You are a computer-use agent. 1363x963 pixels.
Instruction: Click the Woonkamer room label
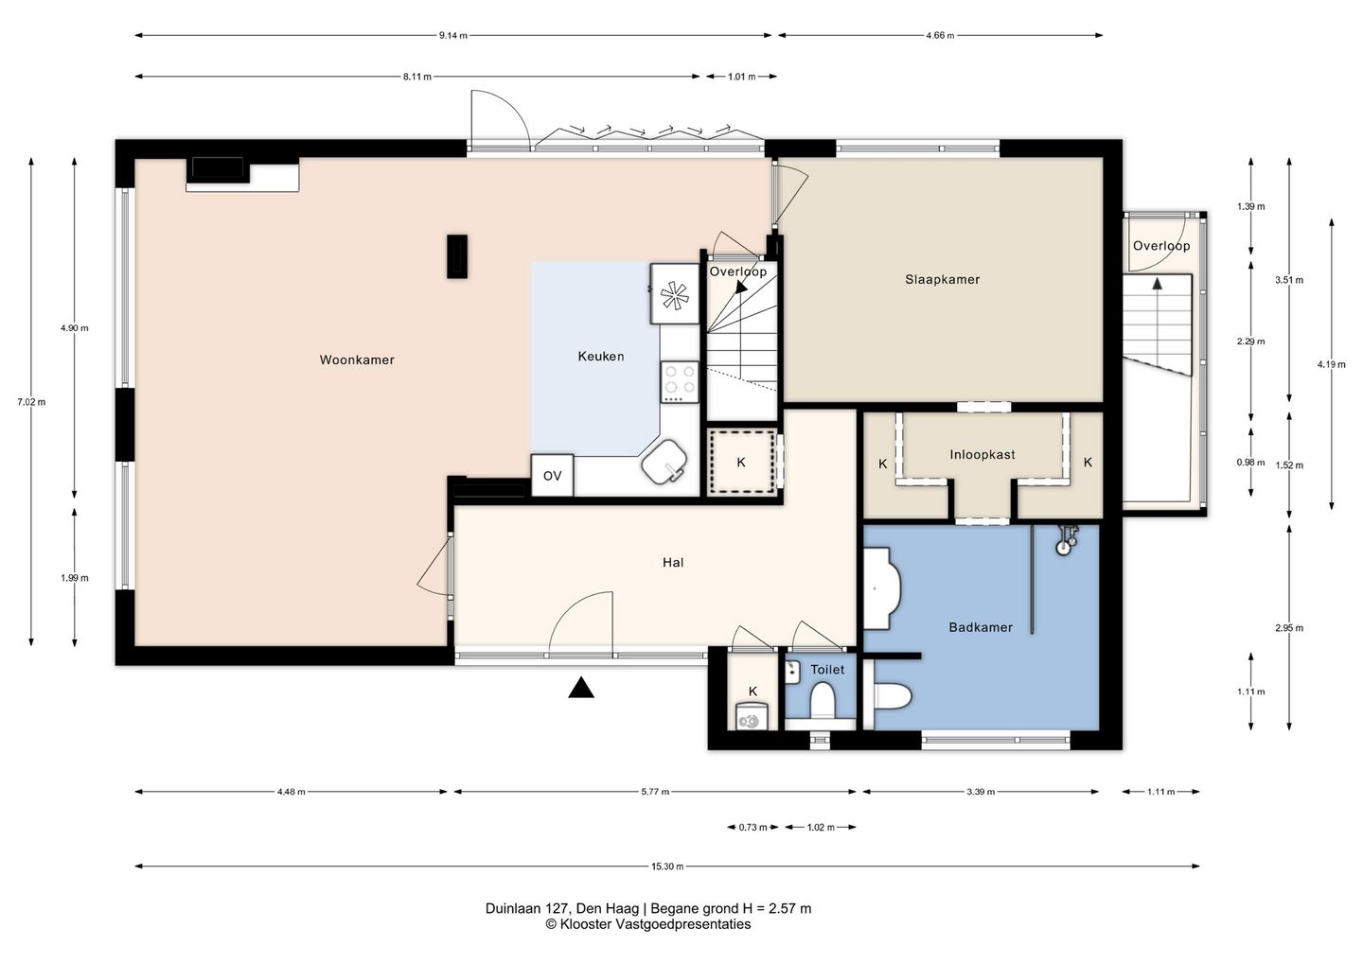(357, 359)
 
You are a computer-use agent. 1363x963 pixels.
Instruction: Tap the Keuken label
(600, 357)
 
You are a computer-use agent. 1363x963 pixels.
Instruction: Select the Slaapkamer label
(942, 280)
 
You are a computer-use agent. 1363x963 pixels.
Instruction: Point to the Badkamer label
(981, 627)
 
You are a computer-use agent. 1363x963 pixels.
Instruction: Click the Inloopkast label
(982, 455)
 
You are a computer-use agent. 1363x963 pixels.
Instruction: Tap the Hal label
(673, 563)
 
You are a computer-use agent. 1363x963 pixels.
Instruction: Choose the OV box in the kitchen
(553, 476)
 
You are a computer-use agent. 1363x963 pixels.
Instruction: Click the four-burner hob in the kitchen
(680, 382)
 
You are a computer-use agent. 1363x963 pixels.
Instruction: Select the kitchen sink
(664, 462)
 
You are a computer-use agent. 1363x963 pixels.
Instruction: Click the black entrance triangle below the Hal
(581, 688)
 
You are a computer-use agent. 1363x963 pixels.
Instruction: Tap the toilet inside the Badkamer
(893, 695)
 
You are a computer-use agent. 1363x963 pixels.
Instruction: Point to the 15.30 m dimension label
(667, 867)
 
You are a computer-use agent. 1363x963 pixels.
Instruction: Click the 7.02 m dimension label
(31, 402)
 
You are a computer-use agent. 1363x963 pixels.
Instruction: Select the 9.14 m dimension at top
(453, 35)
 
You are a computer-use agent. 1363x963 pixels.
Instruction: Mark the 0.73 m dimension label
(752, 827)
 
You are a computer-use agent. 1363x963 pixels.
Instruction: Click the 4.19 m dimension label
(1332, 364)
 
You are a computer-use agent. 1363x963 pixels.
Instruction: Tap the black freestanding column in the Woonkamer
(457, 256)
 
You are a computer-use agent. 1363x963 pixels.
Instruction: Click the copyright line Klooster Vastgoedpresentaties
(648, 924)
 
